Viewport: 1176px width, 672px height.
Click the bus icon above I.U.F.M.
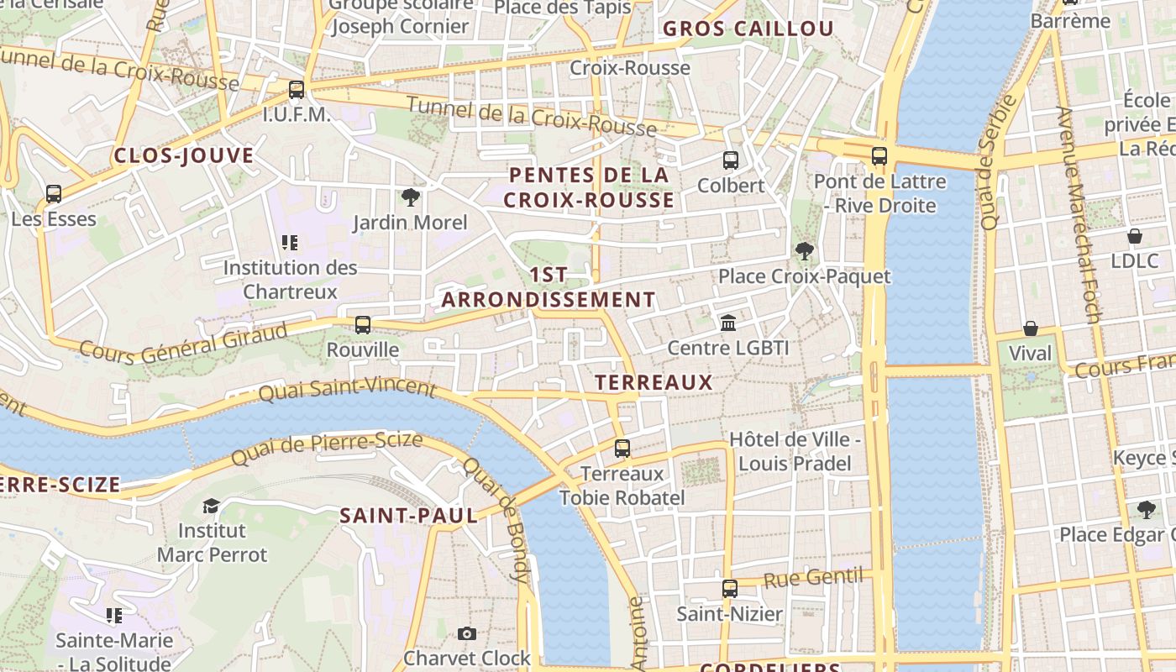point(296,89)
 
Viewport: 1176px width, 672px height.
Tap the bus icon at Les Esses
point(54,194)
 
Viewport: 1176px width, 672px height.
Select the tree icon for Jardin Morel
point(410,197)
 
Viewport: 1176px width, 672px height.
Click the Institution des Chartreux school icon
point(290,244)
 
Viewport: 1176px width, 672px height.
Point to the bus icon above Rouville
point(363,324)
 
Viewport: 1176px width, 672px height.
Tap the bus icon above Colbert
point(731,160)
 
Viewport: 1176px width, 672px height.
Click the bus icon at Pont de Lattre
point(879,156)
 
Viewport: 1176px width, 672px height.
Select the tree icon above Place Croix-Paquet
point(804,250)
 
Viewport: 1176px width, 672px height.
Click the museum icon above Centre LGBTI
point(728,323)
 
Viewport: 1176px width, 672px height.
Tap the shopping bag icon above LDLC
point(1135,236)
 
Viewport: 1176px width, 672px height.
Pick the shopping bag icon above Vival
point(1031,328)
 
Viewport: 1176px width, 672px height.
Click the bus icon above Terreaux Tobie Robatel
point(622,449)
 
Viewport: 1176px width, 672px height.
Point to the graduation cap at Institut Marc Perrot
point(211,506)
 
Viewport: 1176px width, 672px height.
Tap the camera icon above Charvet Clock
point(467,633)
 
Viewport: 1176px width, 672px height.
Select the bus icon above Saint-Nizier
point(730,589)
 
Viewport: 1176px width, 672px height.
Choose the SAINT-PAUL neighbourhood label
point(408,516)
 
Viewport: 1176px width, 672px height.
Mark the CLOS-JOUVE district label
point(184,155)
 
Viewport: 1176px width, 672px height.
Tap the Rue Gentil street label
point(813,578)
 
